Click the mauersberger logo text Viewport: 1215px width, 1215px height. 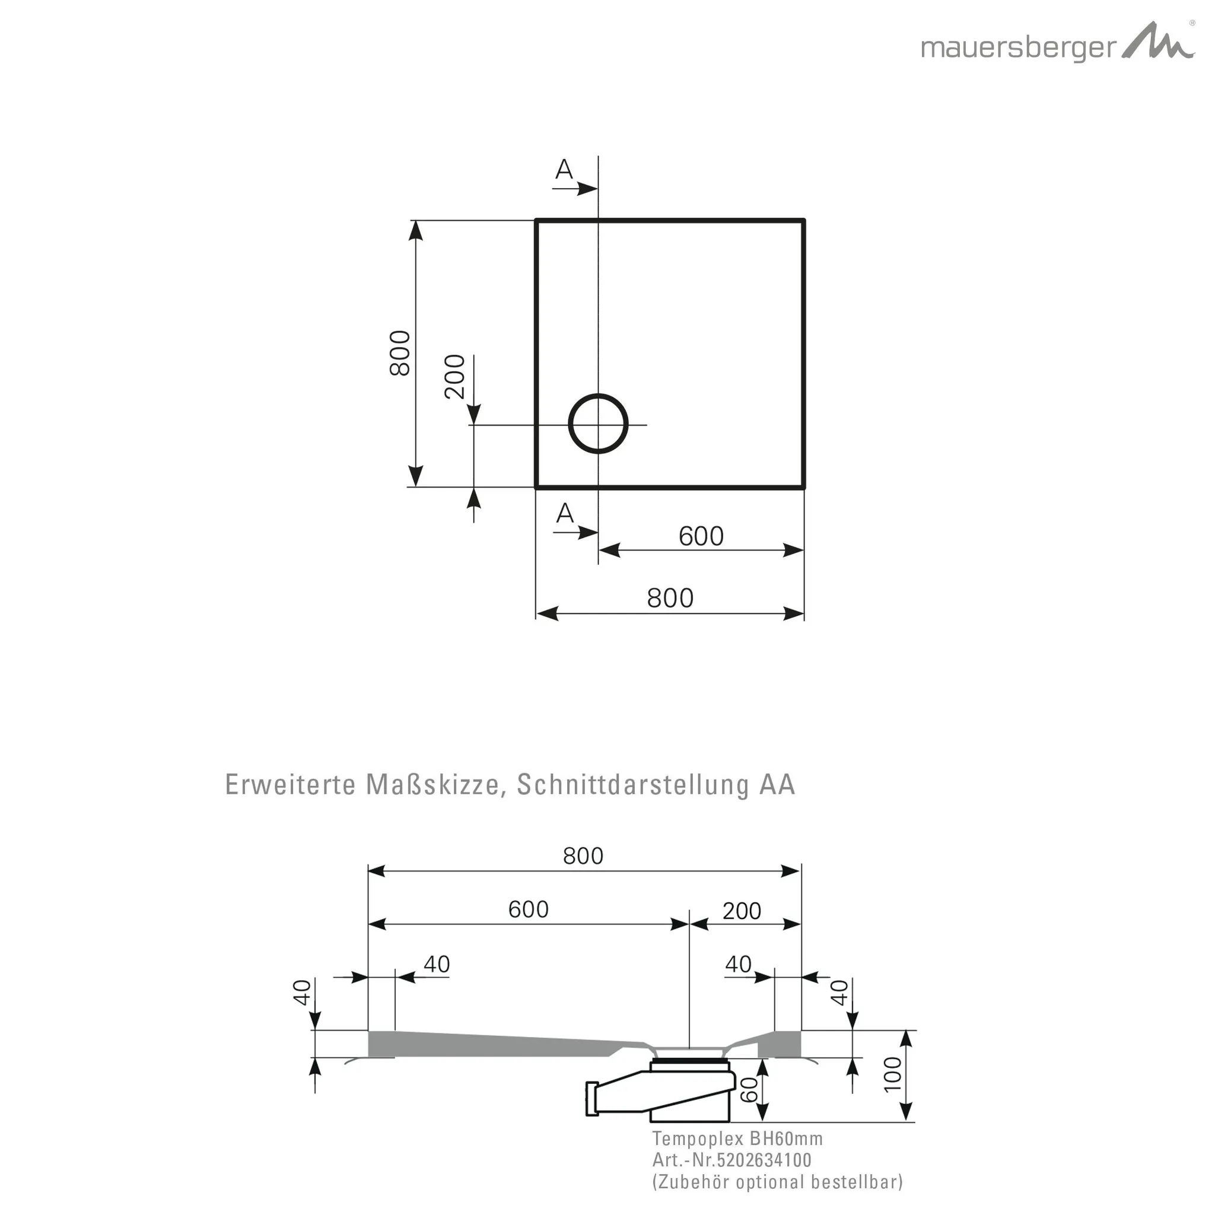[x=1018, y=49]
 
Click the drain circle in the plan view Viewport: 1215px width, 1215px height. [x=598, y=424]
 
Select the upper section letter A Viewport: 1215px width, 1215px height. [x=564, y=169]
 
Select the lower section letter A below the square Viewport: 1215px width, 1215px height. [x=565, y=514]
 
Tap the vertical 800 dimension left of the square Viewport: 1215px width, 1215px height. [x=400, y=353]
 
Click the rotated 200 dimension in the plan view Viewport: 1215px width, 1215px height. [x=454, y=377]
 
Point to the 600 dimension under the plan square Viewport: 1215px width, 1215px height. [x=701, y=536]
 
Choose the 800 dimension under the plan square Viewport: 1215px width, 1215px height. [x=670, y=598]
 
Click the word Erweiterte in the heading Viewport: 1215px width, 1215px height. [x=290, y=785]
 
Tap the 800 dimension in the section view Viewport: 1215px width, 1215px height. [x=583, y=856]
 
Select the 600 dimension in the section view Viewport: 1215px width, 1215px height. [x=528, y=909]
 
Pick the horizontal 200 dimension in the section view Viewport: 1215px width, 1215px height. [x=742, y=911]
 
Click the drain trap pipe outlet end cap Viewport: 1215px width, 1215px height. [x=591, y=1099]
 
